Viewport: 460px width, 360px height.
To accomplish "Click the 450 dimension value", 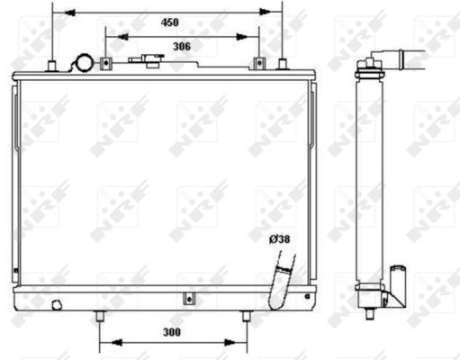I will pyautogui.click(x=168, y=23).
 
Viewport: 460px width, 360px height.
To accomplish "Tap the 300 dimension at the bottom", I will pyautogui.click(x=172, y=332).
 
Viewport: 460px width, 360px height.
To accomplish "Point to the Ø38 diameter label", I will pyautogui.click(x=281, y=238).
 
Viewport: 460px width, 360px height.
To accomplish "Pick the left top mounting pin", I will pyautogui.click(x=53, y=64).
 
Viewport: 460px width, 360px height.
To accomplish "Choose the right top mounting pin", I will pyautogui.click(x=283, y=64).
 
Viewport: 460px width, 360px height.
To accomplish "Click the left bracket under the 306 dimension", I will pyautogui.click(x=105, y=63).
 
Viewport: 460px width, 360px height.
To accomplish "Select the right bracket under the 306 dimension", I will pyautogui.click(x=259, y=63).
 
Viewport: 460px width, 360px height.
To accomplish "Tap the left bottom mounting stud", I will pyautogui.click(x=98, y=317).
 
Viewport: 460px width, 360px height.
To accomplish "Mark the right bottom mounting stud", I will pyautogui.click(x=246, y=317).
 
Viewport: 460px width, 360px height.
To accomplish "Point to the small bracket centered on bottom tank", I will pyautogui.click(x=188, y=299).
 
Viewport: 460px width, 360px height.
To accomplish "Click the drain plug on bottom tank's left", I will pyautogui.click(x=59, y=303).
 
